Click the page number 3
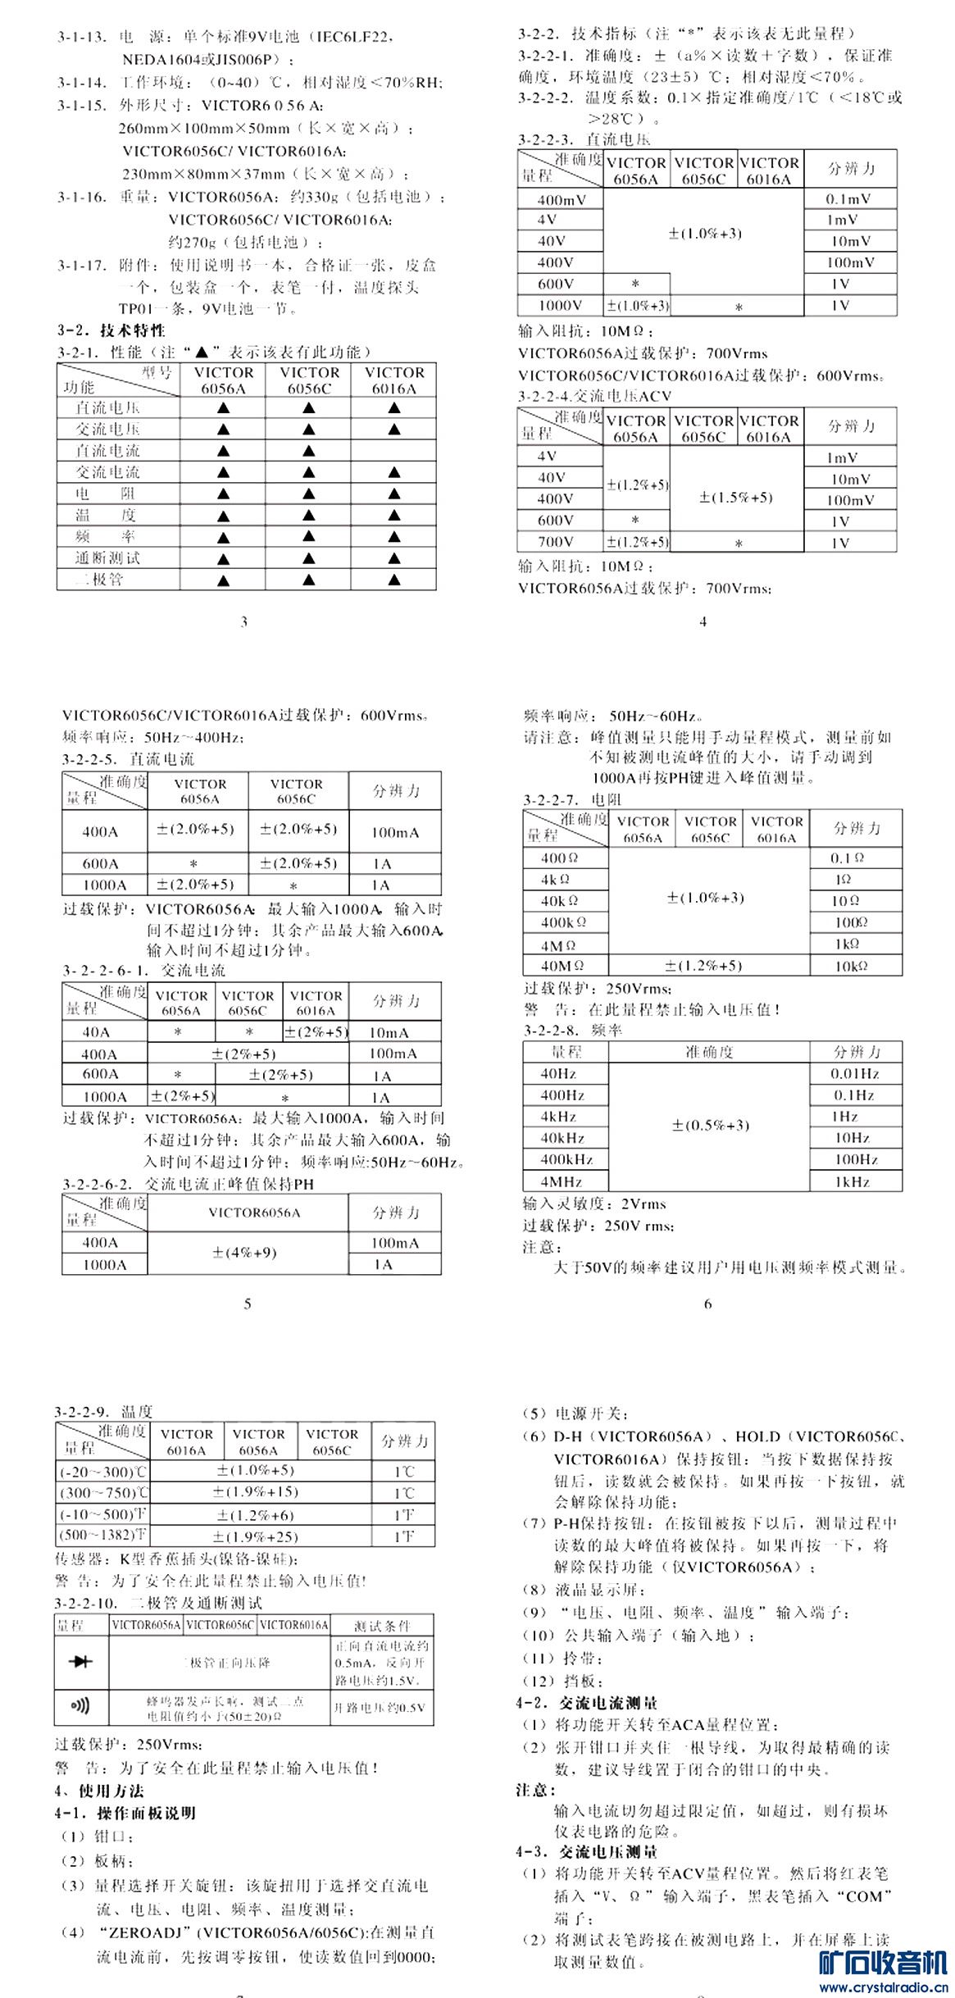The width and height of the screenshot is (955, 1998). click(x=243, y=621)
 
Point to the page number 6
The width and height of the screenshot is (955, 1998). click(x=708, y=1304)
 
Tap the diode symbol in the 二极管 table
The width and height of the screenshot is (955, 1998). click(x=82, y=1661)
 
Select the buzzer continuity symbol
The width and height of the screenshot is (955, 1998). click(x=81, y=1707)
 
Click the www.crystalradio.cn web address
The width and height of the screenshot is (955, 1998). click(x=884, y=1987)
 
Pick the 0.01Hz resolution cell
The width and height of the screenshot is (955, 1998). click(x=855, y=1073)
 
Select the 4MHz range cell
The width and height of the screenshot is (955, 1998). click(x=562, y=1181)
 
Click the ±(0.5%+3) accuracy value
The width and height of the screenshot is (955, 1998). click(x=710, y=1125)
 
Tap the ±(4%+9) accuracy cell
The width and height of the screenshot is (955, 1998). click(x=244, y=1253)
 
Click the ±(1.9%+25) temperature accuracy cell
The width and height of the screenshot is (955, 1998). click(x=255, y=1536)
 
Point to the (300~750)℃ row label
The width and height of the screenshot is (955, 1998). click(x=103, y=1493)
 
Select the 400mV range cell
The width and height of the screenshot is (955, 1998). click(x=562, y=200)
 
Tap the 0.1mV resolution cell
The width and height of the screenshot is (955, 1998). click(x=848, y=198)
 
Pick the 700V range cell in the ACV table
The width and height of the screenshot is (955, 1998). click(x=556, y=542)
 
